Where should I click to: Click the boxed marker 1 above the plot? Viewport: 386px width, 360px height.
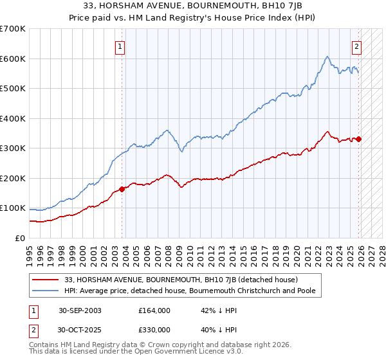(120, 46)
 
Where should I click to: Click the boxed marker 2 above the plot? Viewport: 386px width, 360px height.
(356, 46)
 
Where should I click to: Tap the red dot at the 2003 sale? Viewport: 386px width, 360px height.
(122, 189)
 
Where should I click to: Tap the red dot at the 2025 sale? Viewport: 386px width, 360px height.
(359, 139)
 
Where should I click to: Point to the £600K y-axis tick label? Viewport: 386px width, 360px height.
(13, 59)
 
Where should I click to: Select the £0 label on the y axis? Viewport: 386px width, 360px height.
(20, 238)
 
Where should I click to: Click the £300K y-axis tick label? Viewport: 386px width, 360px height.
(13, 148)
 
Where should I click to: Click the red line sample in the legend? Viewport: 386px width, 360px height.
(47, 280)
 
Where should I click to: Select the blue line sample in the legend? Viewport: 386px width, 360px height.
(47, 291)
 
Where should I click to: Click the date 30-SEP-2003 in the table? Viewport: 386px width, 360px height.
(80, 310)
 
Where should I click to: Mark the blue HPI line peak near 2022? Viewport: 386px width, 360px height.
(327, 57)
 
